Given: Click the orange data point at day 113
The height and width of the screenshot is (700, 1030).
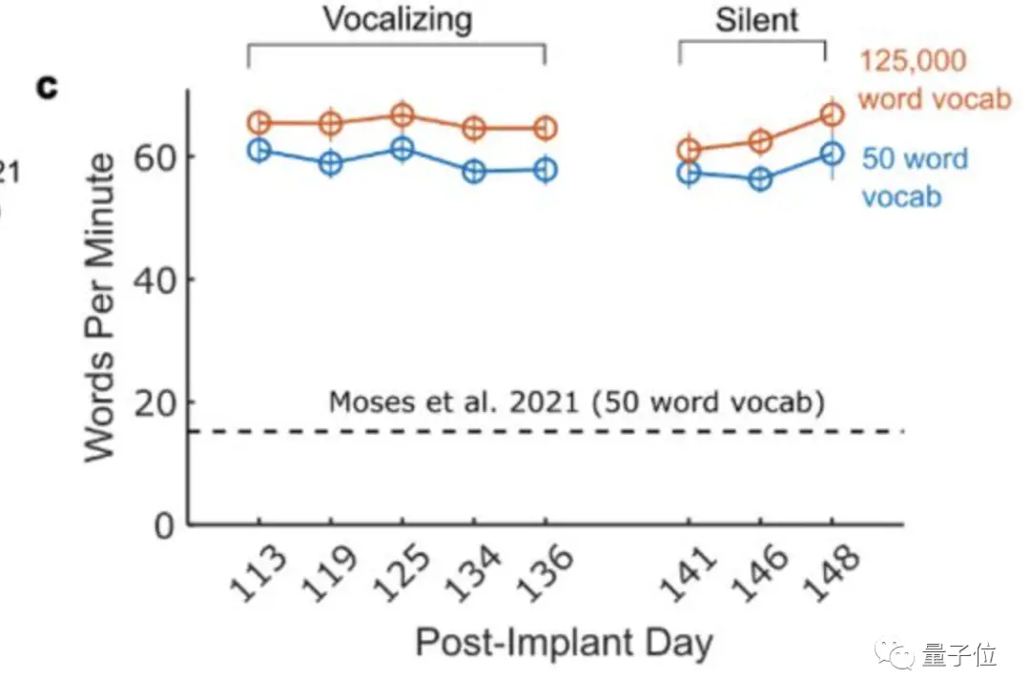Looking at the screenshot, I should (x=258, y=122).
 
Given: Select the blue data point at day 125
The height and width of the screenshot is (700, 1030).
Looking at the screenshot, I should (x=402, y=149).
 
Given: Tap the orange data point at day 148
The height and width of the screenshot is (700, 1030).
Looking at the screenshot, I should (x=832, y=114).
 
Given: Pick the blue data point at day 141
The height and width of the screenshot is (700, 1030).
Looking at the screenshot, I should (x=689, y=173).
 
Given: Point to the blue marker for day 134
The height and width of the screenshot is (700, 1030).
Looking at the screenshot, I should (x=474, y=172).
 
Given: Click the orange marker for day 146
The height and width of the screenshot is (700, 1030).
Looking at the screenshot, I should (x=760, y=141).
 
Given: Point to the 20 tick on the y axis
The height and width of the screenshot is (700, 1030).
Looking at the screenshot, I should (x=154, y=402).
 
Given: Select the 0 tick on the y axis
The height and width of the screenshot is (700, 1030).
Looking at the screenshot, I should (x=165, y=525).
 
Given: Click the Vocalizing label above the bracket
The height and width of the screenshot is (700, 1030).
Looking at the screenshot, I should (x=397, y=19).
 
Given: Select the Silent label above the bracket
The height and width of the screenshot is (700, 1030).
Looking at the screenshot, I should (x=757, y=20).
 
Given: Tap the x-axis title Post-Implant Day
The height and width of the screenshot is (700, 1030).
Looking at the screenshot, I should (x=564, y=644).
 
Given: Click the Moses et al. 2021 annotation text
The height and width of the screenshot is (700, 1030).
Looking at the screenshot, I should (x=576, y=401).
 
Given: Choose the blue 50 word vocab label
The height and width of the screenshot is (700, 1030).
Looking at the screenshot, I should (x=914, y=177).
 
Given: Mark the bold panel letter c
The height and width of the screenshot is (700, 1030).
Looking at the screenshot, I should (x=47, y=88).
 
